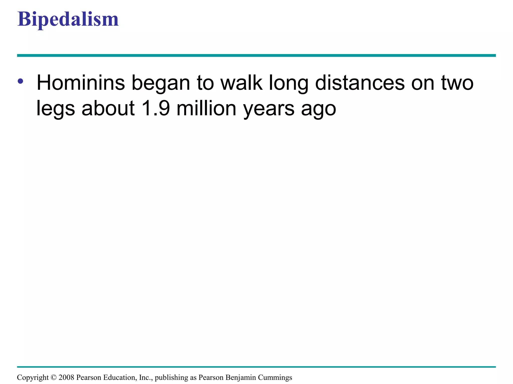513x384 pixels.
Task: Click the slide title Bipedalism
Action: click(68, 19)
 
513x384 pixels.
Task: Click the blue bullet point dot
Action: click(21, 81)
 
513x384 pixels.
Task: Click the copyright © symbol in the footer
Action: click(54, 377)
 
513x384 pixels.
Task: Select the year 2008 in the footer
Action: click(66, 377)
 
